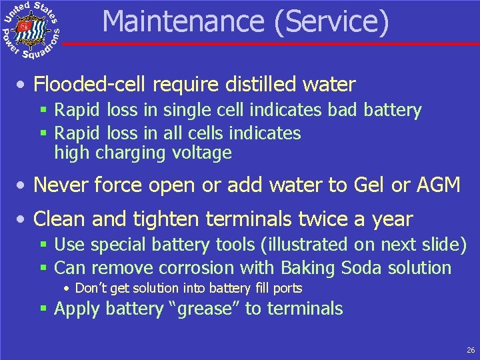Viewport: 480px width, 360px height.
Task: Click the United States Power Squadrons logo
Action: point(31,29)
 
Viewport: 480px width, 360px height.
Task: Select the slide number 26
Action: point(471,349)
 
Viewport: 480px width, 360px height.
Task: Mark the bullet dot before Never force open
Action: point(23,186)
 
